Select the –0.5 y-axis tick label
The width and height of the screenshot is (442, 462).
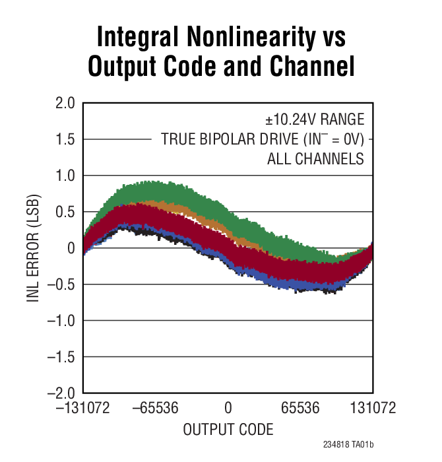(x=62, y=284)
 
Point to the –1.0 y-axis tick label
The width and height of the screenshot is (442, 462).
(x=62, y=321)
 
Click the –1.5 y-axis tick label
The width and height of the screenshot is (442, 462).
(x=62, y=357)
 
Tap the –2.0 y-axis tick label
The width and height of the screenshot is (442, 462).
(x=62, y=393)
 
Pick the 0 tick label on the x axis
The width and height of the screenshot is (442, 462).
(x=228, y=409)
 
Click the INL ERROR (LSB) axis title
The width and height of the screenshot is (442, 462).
(x=33, y=248)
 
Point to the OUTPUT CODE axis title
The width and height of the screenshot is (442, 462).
(x=228, y=430)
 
